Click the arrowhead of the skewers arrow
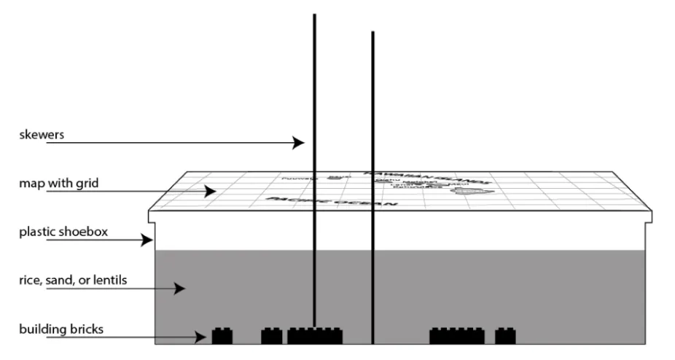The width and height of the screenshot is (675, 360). point(300,143)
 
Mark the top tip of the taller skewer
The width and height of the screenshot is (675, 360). point(314,15)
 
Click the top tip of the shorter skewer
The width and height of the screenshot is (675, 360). point(372,33)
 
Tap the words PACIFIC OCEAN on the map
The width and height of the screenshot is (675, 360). point(332,201)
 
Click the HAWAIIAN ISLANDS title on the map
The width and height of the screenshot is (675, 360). point(426,177)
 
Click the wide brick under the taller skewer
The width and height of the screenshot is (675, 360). point(314,336)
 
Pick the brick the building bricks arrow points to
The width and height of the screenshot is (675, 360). point(222,336)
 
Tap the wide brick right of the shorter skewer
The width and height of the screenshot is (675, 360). point(456,336)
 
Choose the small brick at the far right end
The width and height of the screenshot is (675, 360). point(505,336)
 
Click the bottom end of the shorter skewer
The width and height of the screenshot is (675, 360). point(372,342)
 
